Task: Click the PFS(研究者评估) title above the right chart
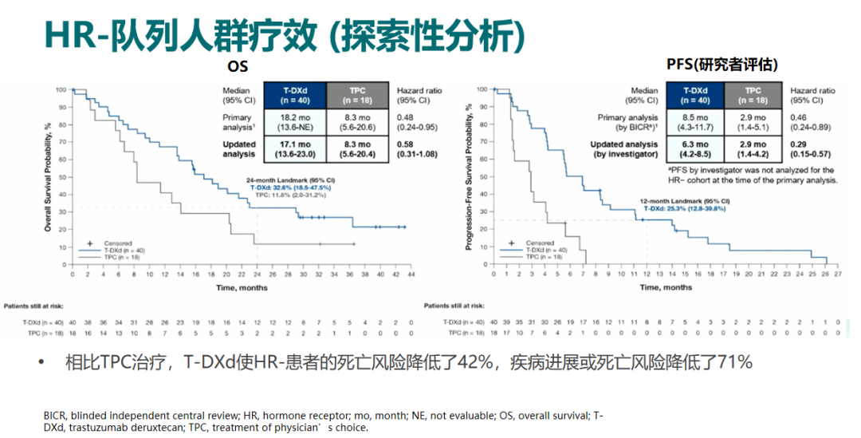[722, 64]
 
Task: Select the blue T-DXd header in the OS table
[296, 96]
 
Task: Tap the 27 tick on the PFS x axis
[839, 275]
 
